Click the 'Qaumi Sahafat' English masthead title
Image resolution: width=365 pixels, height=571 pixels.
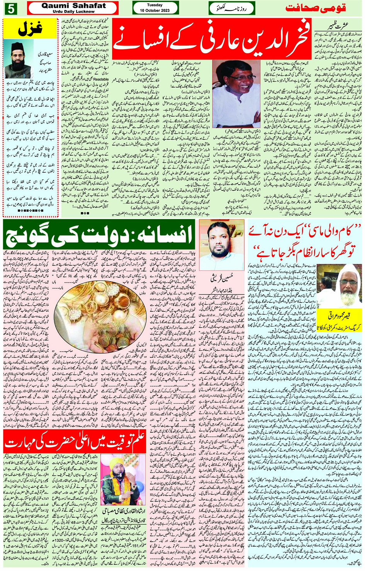pyautogui.click(x=73, y=6)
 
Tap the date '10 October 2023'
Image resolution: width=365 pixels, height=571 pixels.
pyautogui.click(x=155, y=10)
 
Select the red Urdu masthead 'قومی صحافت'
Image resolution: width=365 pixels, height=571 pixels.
pyautogui.click(x=316, y=8)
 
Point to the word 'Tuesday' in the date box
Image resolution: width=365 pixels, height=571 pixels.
pyautogui.click(x=155, y=5)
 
